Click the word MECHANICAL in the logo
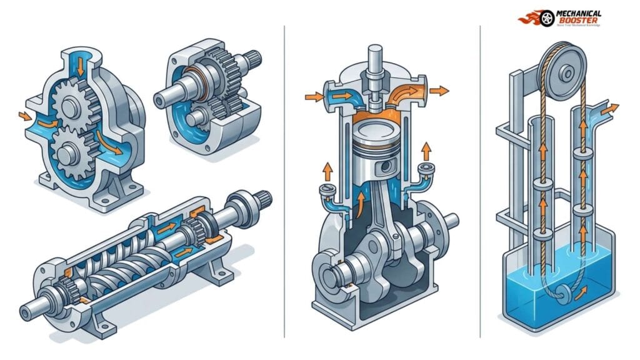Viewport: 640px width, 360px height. [577, 12]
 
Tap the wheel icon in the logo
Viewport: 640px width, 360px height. [547, 18]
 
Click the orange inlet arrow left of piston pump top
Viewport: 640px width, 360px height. [312, 96]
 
